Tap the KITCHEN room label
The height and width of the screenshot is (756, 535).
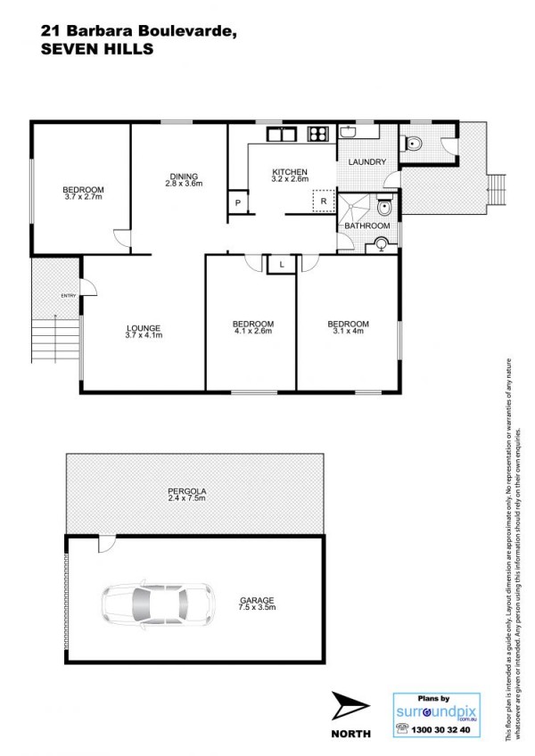[290, 172]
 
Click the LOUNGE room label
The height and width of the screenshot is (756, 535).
[144, 328]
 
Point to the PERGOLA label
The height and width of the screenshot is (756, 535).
[186, 491]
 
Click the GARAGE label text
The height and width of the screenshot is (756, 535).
[257, 600]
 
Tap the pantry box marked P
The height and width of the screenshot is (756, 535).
[238, 202]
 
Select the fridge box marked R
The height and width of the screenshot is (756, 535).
[324, 201]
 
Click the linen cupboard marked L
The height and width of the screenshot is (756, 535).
[281, 264]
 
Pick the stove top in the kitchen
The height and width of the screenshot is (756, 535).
[318, 133]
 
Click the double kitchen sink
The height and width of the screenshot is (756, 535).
[281, 134]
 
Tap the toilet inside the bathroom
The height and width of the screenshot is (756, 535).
[384, 206]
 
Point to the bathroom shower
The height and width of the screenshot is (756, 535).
[354, 208]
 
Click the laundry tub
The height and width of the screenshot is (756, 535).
[348, 132]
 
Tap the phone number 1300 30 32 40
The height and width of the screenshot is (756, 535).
[440, 729]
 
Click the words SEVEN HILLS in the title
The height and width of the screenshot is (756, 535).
[97, 49]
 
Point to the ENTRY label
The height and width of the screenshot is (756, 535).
[69, 296]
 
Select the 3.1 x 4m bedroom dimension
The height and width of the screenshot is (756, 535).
[348, 331]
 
